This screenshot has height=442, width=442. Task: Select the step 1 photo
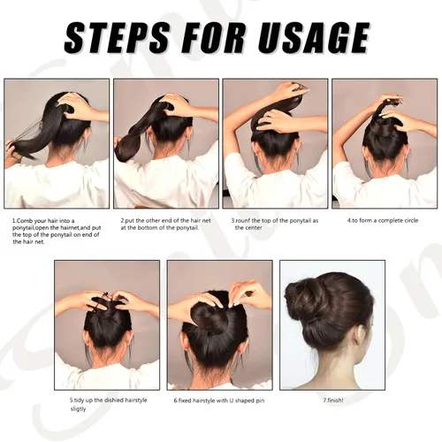[57, 143]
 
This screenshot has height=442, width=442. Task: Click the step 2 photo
[167, 143]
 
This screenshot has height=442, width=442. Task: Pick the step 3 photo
[275, 143]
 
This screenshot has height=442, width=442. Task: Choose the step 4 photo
[384, 143]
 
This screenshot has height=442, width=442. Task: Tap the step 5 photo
[107, 324]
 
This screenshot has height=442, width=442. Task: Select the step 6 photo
[219, 324]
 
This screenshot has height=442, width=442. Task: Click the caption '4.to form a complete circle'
[383, 219]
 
